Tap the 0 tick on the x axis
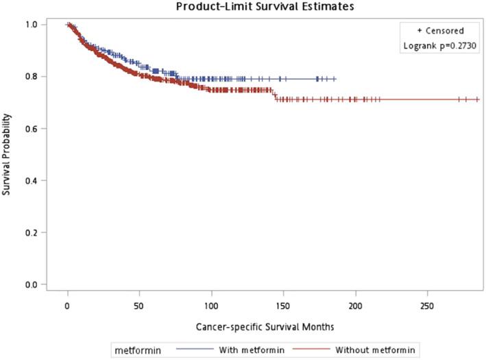[67, 304]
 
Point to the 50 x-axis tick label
[139, 304]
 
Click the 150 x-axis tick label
[283, 304]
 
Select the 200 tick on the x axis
[355, 304]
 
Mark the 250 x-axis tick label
[427, 304]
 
